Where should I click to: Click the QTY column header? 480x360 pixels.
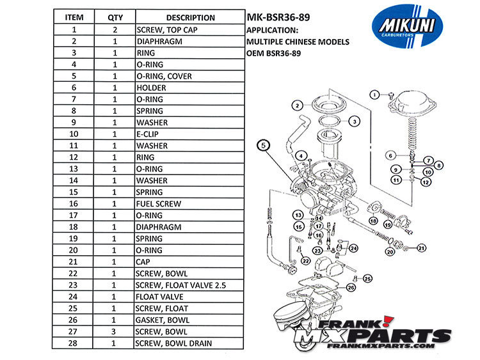click(x=115, y=18)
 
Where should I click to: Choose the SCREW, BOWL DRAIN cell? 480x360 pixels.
click(x=173, y=343)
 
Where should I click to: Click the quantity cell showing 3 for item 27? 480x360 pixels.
click(x=115, y=332)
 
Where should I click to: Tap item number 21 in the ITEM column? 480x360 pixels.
click(x=75, y=262)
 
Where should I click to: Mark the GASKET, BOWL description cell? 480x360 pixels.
click(x=163, y=320)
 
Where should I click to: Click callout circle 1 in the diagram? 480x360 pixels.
click(x=374, y=95)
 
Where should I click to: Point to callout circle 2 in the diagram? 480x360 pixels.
click(x=297, y=105)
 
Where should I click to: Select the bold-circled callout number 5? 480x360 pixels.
click(x=262, y=145)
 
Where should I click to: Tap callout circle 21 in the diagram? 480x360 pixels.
click(x=421, y=247)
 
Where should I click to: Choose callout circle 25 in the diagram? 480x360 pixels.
click(x=367, y=278)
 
